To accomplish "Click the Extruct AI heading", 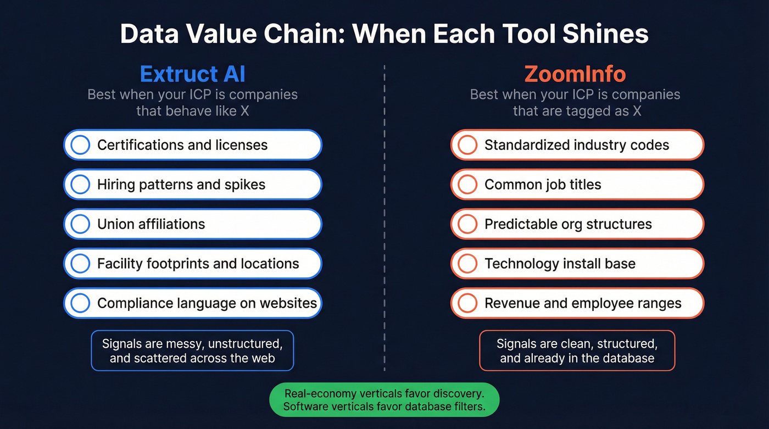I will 192,74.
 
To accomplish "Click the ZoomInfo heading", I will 575,74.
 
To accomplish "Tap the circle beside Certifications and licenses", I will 80,145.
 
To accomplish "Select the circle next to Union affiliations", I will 80,224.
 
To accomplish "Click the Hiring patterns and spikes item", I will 192,185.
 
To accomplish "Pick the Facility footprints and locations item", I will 192,264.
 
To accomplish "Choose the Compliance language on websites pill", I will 192,303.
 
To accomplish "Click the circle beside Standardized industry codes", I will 467,145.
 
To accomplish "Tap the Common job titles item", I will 577,185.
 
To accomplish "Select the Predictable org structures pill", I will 577,224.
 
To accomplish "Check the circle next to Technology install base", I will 467,264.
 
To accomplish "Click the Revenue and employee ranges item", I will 577,303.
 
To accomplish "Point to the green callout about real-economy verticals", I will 384,400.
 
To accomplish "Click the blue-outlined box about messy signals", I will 192,351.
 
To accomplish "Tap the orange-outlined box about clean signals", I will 577,351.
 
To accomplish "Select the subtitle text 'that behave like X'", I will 192,111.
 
